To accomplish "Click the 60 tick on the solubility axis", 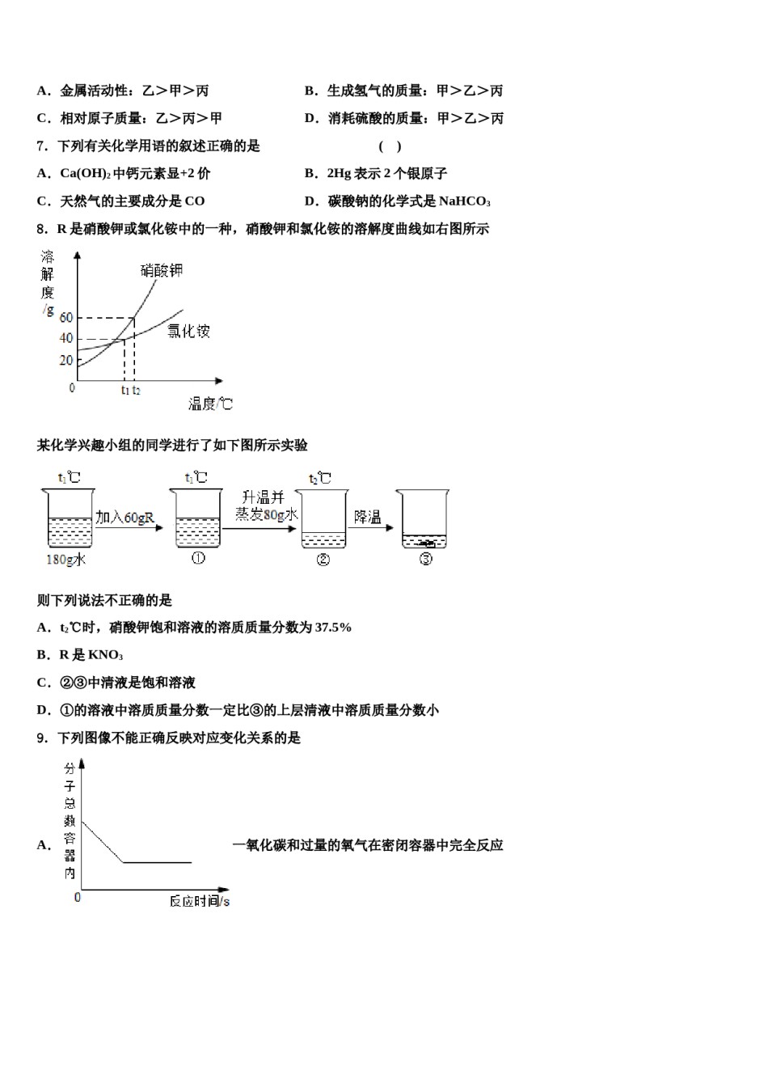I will [66, 318].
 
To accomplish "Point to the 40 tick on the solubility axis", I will [66, 339].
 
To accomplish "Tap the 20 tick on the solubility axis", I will [66, 361].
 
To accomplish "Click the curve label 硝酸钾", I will [162, 270].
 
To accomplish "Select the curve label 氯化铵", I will [188, 331].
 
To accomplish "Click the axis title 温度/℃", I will [210, 403].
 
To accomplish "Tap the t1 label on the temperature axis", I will [125, 391].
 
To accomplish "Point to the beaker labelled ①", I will [198, 520].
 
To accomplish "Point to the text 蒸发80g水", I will [267, 514].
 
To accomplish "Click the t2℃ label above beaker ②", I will [320, 479].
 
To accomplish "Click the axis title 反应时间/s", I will [200, 901].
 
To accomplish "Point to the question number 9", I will [41, 738].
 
